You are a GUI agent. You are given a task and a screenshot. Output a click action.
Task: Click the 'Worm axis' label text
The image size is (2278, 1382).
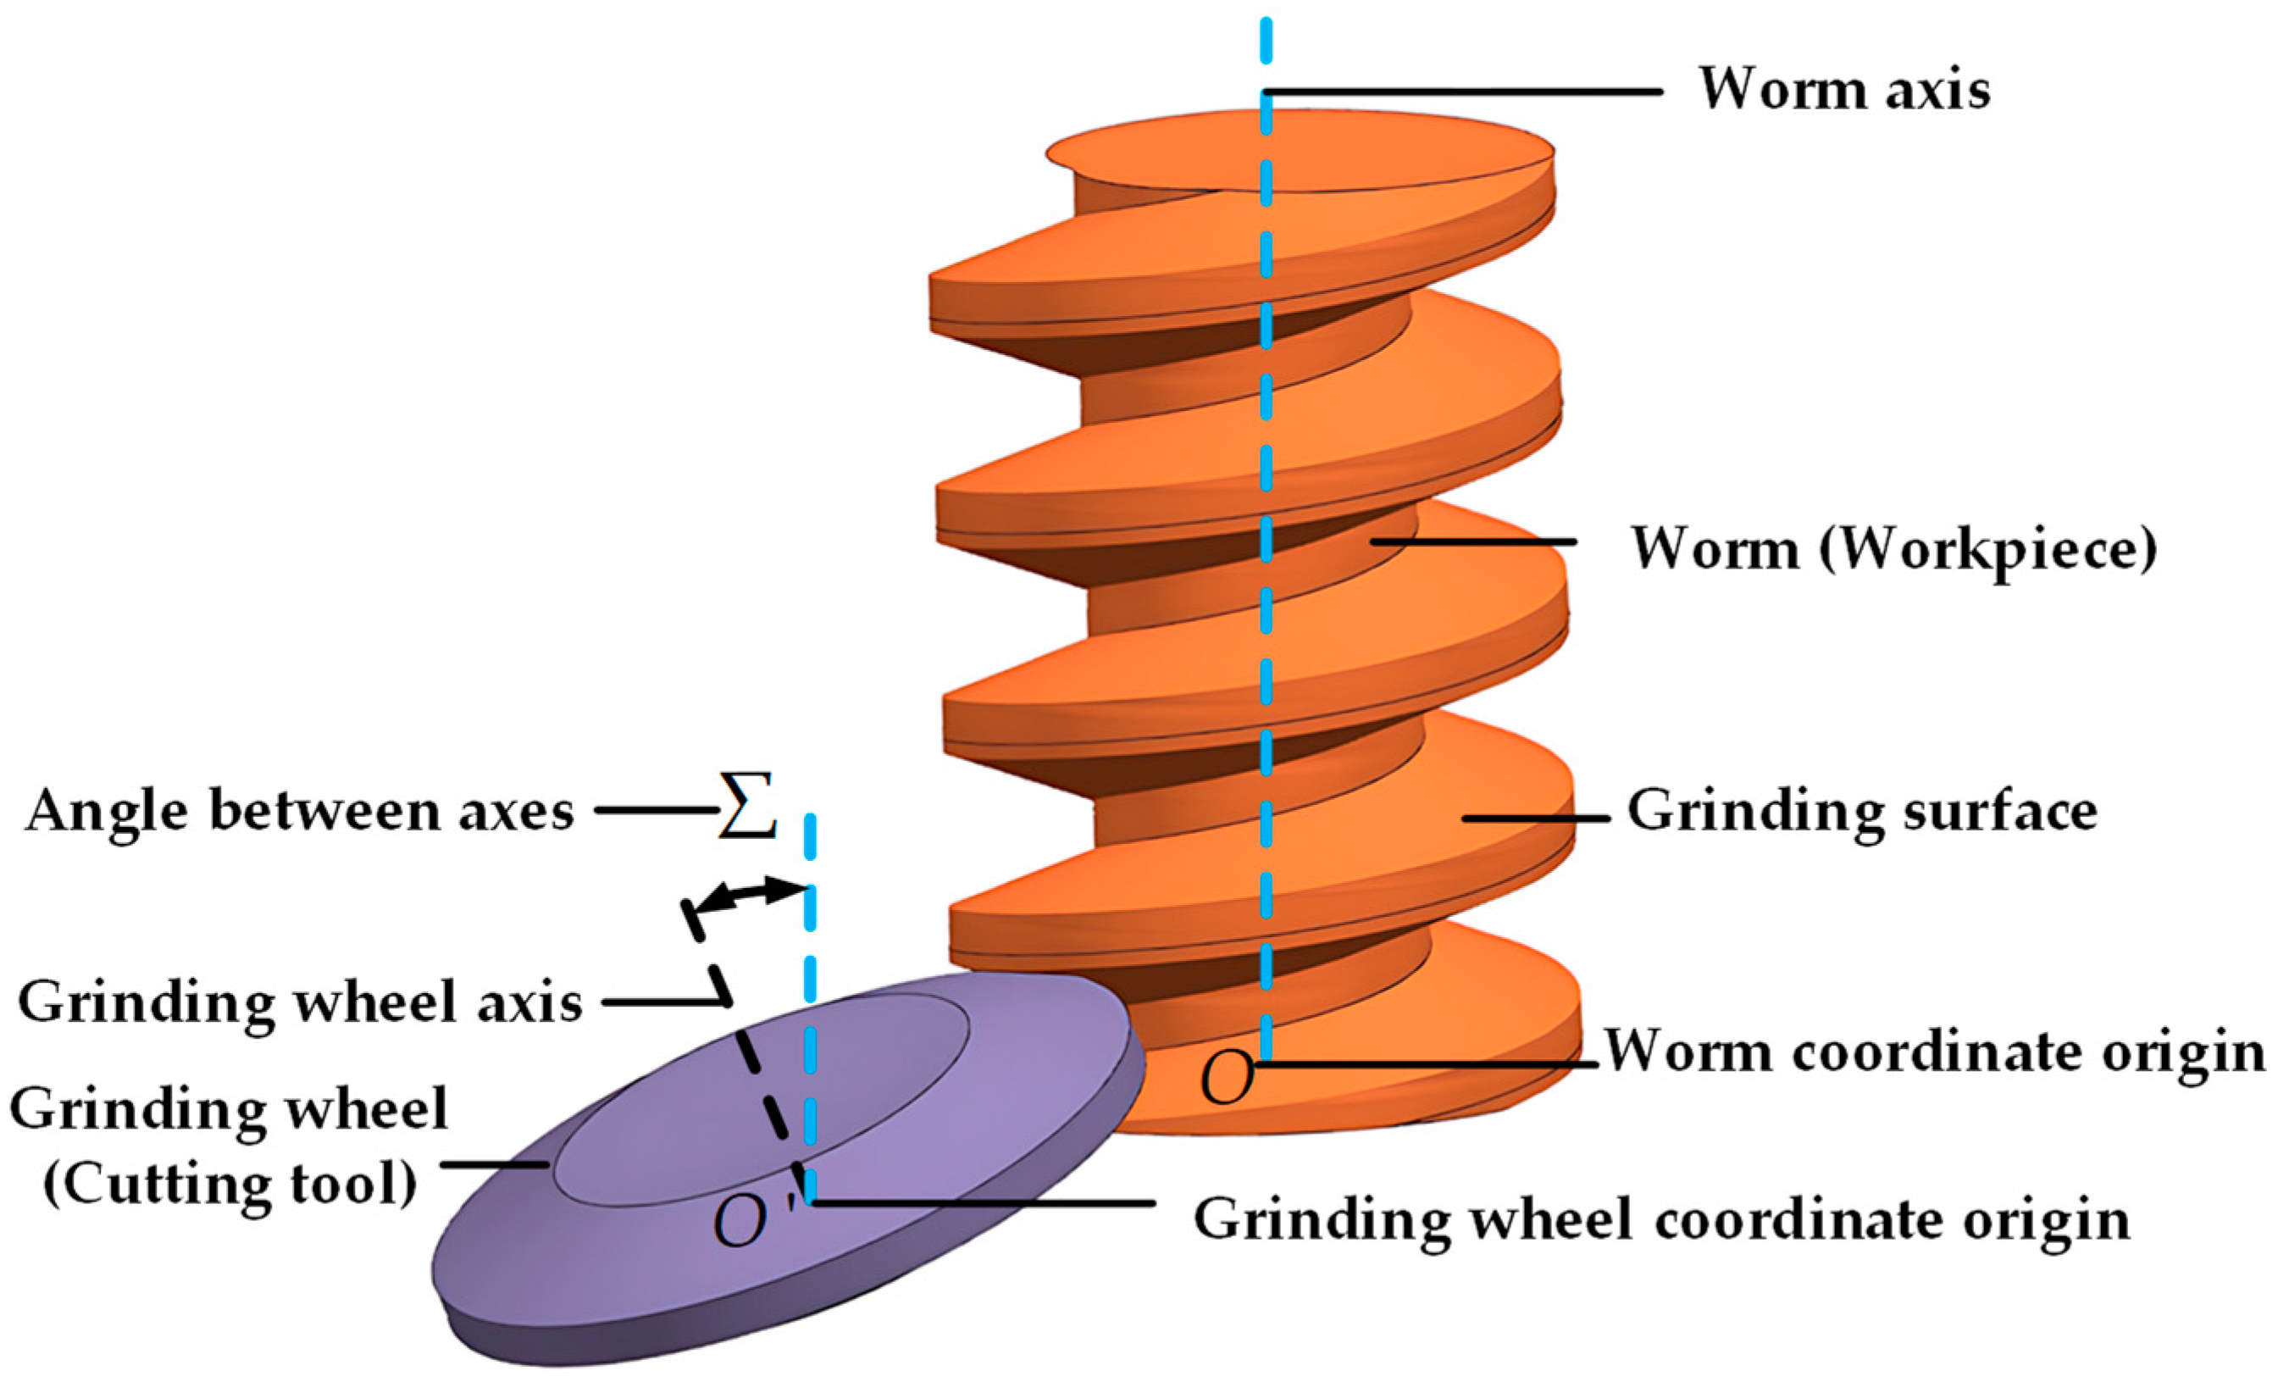[1844, 91]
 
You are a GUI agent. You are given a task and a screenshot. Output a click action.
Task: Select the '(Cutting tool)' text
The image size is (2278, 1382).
[230, 1185]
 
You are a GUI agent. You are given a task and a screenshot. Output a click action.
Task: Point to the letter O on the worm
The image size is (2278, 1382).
[1226, 1078]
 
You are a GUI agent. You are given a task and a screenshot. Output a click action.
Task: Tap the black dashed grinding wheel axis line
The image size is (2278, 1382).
[758, 1081]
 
